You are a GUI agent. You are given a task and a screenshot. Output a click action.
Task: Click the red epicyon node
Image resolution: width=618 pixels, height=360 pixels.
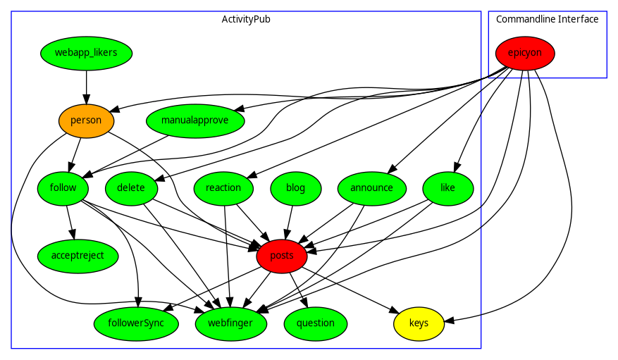point(525,53)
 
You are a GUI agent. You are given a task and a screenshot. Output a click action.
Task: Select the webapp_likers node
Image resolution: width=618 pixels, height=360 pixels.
point(86,53)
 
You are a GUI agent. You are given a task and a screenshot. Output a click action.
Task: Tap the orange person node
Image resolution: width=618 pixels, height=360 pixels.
point(86,120)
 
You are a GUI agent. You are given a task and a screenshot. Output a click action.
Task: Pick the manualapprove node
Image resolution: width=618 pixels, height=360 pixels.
point(195,120)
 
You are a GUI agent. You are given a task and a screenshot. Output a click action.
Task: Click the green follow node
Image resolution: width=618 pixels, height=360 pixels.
point(63,188)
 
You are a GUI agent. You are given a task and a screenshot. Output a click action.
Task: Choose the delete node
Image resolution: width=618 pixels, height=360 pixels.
point(131,188)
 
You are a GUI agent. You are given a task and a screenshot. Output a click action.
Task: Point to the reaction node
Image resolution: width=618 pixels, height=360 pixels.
point(223,188)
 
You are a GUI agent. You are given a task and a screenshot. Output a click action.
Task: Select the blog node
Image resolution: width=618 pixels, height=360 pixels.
point(296,188)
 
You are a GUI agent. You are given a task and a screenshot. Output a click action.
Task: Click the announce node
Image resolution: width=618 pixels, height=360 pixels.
point(372,188)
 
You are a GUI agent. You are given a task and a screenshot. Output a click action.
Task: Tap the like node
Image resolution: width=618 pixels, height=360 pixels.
point(448,188)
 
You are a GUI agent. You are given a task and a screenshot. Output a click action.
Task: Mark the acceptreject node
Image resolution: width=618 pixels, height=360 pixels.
point(78,256)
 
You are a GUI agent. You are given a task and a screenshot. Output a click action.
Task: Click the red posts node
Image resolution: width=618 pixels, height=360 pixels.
point(282,256)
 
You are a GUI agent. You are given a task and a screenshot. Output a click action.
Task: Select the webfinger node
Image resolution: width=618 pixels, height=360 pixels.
point(231,323)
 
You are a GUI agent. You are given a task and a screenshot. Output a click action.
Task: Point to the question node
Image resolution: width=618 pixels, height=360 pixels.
point(316,323)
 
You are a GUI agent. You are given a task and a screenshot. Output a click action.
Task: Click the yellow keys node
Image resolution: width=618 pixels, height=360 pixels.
point(419,323)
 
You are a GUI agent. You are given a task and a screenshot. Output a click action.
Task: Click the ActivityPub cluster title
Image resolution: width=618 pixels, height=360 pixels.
point(246,19)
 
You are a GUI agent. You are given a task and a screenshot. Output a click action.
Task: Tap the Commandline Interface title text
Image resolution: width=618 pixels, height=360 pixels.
point(548,19)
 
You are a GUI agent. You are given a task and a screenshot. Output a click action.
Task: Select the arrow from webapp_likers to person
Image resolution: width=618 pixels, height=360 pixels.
point(86,87)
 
